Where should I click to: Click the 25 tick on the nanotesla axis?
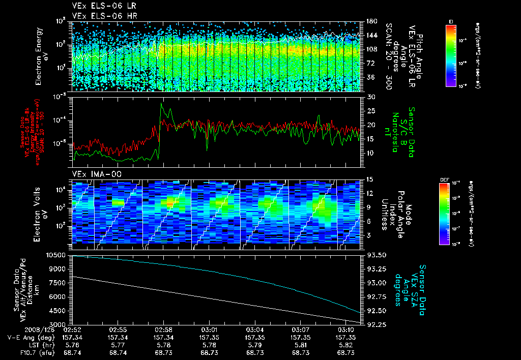[x=370, y=111]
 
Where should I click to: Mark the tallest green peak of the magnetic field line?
[x=162, y=103]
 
